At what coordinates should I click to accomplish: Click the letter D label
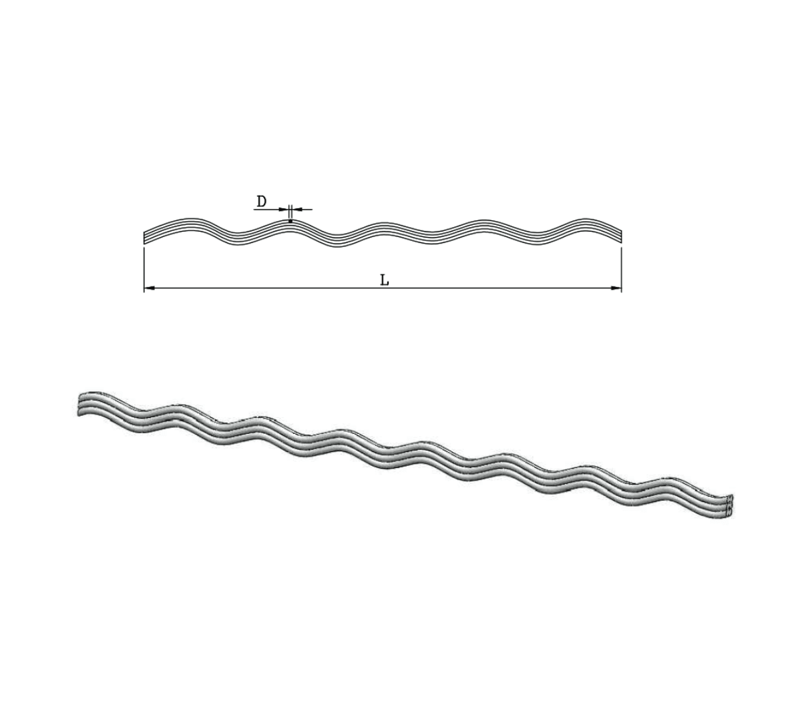262,201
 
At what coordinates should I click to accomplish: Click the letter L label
384,281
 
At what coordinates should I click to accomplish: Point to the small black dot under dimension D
290,222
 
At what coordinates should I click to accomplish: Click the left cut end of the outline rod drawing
145,237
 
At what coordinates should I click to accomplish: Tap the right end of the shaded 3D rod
729,507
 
